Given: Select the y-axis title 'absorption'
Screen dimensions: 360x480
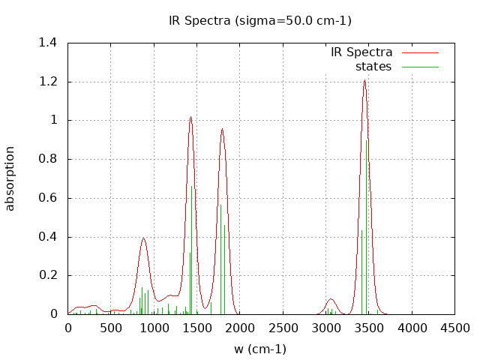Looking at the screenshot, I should click(10, 178).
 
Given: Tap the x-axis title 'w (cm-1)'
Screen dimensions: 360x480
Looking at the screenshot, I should click(260, 349).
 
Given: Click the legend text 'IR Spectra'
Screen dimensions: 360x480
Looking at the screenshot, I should click(361, 52).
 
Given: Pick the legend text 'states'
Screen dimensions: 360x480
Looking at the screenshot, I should click(373, 67).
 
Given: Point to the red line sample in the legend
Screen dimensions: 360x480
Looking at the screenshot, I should click(419, 53).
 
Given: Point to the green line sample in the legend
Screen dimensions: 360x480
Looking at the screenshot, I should click(419, 67).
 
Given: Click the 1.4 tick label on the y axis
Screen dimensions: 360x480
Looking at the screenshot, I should click(48, 43).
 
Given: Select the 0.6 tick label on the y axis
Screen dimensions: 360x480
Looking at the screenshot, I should click(48, 198).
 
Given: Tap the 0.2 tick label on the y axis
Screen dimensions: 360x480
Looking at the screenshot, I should click(48, 275).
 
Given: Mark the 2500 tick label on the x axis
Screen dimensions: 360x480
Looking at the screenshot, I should click(283, 328).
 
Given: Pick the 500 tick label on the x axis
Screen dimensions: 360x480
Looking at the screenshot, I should click(111, 328).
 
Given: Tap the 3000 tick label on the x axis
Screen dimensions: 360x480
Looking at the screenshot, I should click(325, 328).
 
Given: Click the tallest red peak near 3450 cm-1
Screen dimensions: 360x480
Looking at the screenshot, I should click(364, 80).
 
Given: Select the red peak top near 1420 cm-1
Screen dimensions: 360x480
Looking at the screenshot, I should click(190, 117).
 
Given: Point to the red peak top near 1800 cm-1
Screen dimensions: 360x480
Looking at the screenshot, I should click(222, 129).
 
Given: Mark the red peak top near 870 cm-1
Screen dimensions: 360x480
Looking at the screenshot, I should click(143, 238).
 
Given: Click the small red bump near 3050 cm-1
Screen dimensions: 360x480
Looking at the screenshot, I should click(331, 299).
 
